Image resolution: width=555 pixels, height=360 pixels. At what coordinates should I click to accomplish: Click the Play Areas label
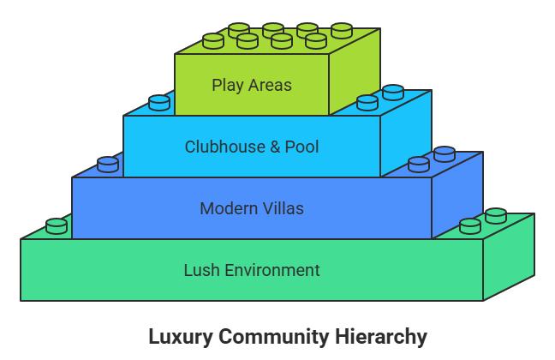252,85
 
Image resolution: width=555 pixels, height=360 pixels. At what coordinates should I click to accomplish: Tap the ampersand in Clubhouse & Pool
274,147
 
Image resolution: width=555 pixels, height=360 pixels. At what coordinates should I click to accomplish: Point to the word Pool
301,147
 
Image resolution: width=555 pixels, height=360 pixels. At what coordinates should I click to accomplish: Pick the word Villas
283,208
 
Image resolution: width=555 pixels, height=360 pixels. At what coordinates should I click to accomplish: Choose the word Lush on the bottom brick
202,270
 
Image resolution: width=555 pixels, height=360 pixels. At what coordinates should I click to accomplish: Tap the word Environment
272,270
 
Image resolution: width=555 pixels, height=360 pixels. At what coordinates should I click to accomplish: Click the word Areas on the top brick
271,85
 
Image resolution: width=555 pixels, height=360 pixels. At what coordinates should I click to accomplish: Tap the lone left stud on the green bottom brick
57,225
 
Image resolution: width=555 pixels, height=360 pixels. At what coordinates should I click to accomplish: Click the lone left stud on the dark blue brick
108,164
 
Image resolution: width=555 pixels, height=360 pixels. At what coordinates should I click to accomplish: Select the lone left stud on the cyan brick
159,102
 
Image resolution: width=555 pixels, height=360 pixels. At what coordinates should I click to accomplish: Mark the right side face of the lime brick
354,73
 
